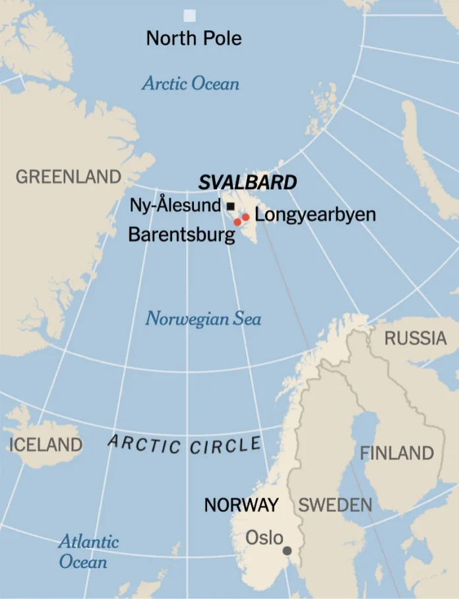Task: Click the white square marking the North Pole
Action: coord(190,15)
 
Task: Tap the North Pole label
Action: coord(194,38)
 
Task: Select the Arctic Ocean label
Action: coord(191,84)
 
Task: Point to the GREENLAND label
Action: coord(69,177)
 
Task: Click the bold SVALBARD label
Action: coord(247,183)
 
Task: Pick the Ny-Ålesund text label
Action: coord(175,205)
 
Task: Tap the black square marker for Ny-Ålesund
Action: coord(230,206)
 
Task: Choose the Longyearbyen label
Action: coord(315,214)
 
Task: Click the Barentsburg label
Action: coord(181,235)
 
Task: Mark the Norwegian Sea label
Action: coord(203,319)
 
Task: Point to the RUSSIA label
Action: coord(415,339)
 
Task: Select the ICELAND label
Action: coord(46,445)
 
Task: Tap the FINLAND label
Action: coord(397,453)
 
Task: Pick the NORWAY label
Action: coord(241,505)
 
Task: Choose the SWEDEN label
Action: coord(335,505)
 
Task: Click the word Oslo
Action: coord(264,538)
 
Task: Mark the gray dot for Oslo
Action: coord(287,550)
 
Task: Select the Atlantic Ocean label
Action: coord(88,552)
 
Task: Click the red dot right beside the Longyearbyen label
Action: coord(245,217)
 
